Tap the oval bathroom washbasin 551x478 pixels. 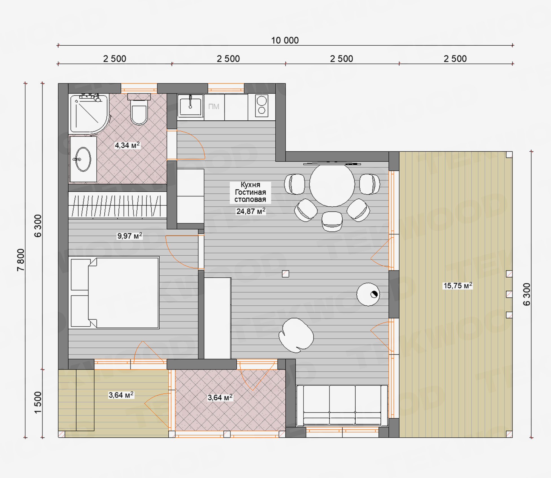83,159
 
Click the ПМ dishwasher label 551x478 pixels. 213,107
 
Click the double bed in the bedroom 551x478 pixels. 114,293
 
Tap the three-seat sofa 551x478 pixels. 342,405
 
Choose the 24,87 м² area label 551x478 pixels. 251,211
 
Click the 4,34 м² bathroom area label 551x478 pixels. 127,145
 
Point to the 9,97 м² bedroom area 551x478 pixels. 129,236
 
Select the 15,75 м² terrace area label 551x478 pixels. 458,286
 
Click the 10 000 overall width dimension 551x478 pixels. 285,40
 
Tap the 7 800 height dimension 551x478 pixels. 21,260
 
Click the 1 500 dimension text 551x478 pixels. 38,402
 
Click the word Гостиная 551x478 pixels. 250,192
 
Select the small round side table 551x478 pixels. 368,294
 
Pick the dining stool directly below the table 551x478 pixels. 332,222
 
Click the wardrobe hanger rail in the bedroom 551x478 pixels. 118,205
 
